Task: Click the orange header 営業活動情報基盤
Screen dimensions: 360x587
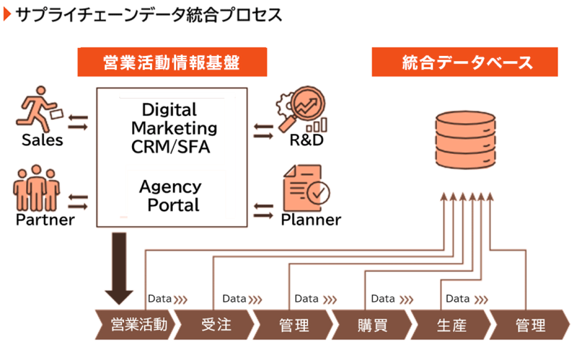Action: (172, 62)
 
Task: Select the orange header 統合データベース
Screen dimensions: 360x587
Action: (464, 62)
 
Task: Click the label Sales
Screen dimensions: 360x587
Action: (42, 140)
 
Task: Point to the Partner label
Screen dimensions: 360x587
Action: (45, 220)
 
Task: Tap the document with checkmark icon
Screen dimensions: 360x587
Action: (305, 189)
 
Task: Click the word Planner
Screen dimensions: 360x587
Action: (311, 220)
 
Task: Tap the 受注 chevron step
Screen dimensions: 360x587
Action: (216, 325)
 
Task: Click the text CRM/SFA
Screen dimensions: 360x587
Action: (170, 147)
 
